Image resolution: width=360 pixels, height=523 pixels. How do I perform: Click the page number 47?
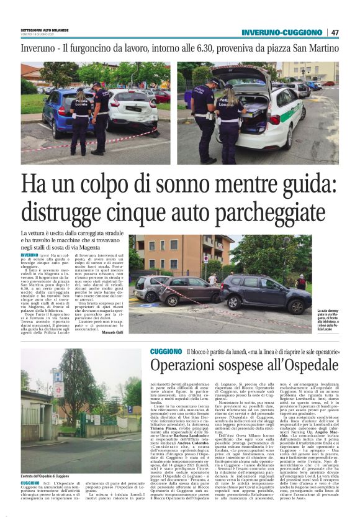pyautogui.click(x=335, y=32)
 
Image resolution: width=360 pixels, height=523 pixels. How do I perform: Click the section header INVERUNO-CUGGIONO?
pyautogui.click(x=282, y=32)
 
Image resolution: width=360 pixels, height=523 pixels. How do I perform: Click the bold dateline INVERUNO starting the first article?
pyautogui.click(x=30, y=255)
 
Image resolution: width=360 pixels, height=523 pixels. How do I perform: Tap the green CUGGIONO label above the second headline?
pyautogui.click(x=166, y=352)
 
